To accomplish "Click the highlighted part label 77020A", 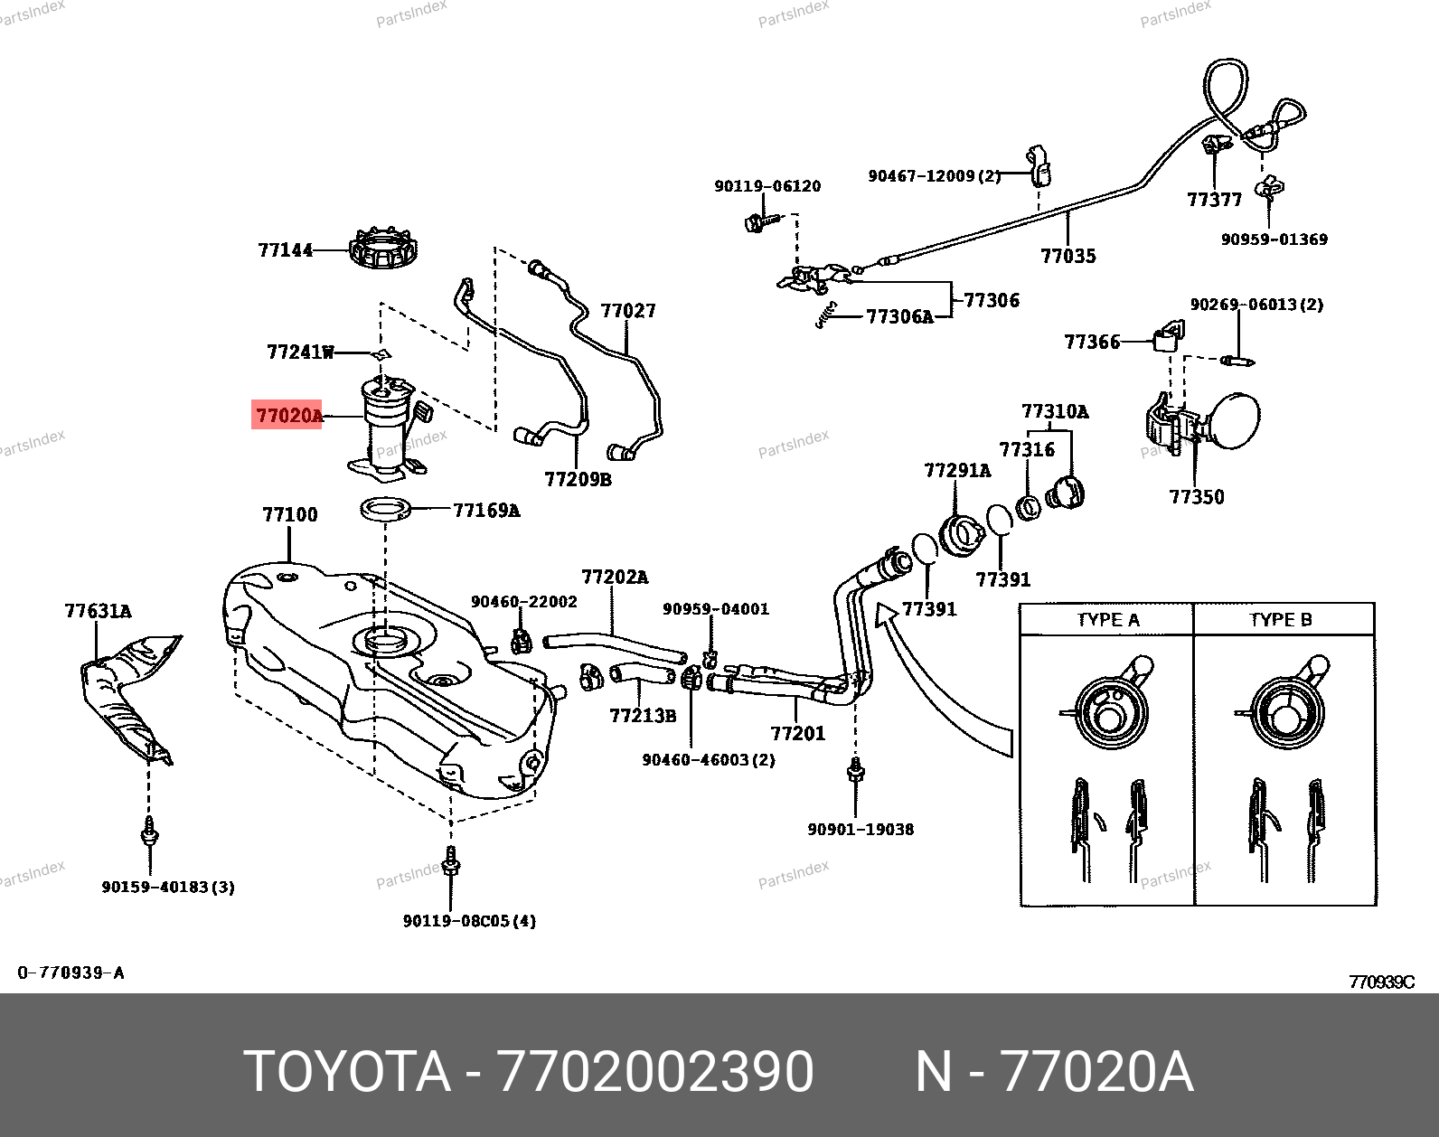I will pyautogui.click(x=288, y=416).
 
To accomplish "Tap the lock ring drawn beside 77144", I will pyautogui.click(x=384, y=249).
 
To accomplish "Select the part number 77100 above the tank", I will pyautogui.click(x=290, y=515).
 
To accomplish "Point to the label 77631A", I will pyautogui.click(x=98, y=612).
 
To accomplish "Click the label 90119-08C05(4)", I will pyautogui.click(x=469, y=921).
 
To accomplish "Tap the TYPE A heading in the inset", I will pyautogui.click(x=1107, y=620).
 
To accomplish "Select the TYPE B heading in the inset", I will pyautogui.click(x=1280, y=620).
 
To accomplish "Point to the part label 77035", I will pyautogui.click(x=1067, y=256).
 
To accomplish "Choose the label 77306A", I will pyautogui.click(x=898, y=316).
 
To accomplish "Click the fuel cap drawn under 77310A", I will pyautogui.click(x=1066, y=493).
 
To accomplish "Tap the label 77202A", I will pyautogui.click(x=615, y=577).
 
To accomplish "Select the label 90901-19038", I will pyautogui.click(x=860, y=829).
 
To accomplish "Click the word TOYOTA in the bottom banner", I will pyautogui.click(x=347, y=1073).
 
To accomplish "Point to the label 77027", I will pyautogui.click(x=628, y=311).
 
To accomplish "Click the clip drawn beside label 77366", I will pyautogui.click(x=1167, y=336).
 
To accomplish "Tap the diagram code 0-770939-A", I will pyautogui.click(x=71, y=973).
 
